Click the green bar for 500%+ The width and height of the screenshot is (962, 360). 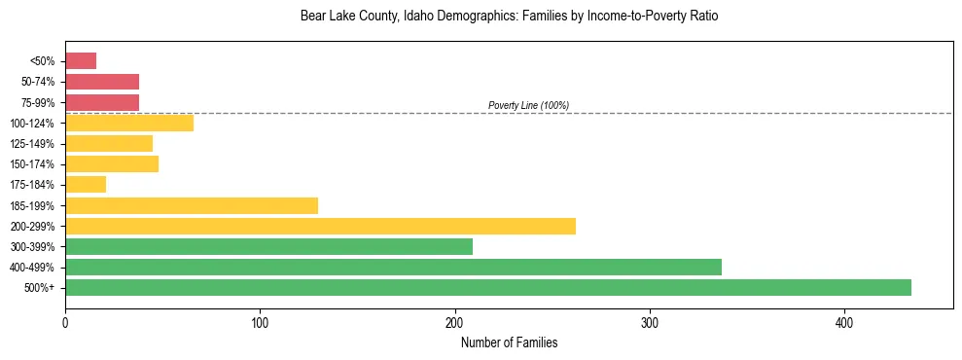(487, 287)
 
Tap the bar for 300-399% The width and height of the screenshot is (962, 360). (268, 246)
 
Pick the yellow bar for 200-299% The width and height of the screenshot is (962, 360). (320, 226)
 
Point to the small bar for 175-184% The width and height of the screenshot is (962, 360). (86, 185)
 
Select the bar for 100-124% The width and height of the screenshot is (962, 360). (129, 123)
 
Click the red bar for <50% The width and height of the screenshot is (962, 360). (81, 61)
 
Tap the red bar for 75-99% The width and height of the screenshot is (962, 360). (102, 102)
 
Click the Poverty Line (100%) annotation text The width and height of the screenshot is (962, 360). (528, 105)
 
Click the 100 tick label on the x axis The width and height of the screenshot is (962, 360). (260, 322)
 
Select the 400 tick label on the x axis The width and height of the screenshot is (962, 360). (844, 322)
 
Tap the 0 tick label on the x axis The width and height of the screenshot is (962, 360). (65, 322)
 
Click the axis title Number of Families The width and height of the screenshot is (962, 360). (509, 342)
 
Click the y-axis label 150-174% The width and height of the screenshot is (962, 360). (32, 164)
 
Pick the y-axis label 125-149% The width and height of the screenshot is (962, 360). (32, 144)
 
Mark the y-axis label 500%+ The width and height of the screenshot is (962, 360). (39, 288)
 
